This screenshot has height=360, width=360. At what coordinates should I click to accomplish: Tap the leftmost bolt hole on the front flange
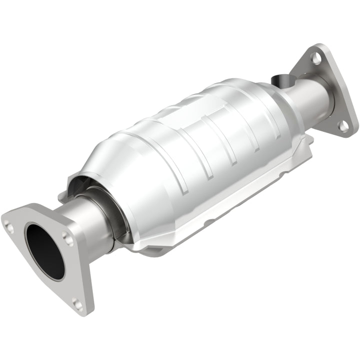tap(9, 228)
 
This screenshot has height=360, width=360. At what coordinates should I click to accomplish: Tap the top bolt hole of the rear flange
tap(316, 58)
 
